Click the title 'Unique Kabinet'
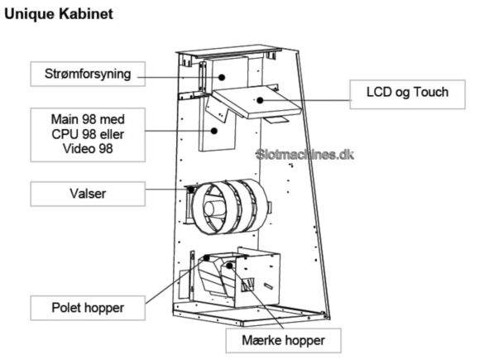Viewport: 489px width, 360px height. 59,14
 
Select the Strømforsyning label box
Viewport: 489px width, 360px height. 88,74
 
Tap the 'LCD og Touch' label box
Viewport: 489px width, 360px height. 407,94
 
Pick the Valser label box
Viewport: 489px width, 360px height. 88,194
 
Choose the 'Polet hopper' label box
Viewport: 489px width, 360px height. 88,308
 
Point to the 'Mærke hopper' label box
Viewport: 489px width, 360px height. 283,340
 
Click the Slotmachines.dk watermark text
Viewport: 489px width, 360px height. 304,155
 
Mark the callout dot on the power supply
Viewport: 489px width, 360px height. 222,77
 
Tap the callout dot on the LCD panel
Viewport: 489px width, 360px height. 260,100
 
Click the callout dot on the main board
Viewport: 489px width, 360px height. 214,131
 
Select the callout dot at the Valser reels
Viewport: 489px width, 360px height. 191,190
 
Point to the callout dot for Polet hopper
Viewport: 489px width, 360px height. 207,258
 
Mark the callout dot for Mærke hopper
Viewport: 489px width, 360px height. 229,266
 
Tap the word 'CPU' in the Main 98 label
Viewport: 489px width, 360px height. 64,134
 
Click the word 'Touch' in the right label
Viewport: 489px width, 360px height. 431,92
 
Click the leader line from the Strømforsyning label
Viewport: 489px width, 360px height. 180,77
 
